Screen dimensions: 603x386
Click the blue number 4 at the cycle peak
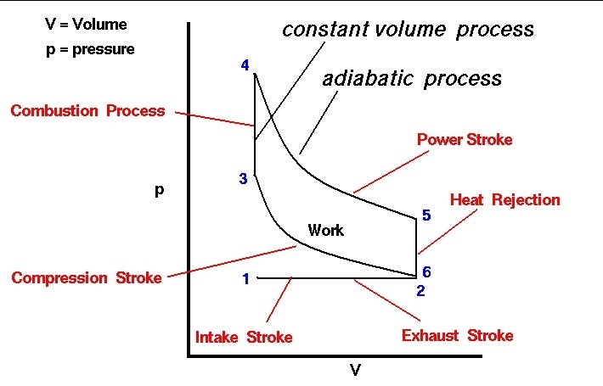pos(245,65)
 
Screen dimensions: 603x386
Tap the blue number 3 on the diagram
pos(243,179)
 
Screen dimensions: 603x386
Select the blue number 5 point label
pos(426,215)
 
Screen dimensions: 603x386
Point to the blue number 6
pos(426,272)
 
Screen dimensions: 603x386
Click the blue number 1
pos(246,279)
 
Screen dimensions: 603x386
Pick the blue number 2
pos(420,291)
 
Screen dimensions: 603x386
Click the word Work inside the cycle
pos(326,230)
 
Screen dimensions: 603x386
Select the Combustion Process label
pos(87,110)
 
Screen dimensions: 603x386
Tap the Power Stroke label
pos(465,139)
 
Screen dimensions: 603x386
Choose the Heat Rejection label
pos(505,199)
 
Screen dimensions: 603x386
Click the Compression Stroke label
pos(87,277)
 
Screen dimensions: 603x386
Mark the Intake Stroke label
pos(244,337)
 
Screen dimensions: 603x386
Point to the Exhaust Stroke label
pos(457,335)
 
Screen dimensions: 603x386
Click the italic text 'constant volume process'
pos(408,30)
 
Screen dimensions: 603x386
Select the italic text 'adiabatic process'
pos(412,79)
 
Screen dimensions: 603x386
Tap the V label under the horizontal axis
pos(356,370)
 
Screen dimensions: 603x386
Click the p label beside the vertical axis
pos(159,190)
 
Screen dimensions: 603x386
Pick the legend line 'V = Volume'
pos(86,25)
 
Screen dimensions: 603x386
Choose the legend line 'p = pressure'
pos(90,49)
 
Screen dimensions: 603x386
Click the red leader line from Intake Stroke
pos(279,299)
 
